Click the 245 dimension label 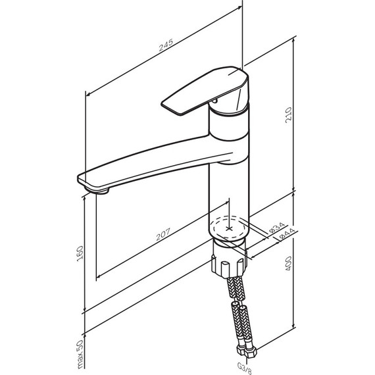[166, 45]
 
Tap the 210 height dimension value [289, 115]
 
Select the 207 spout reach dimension [163, 234]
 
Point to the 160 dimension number [80, 253]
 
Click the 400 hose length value [289, 264]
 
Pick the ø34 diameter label [277, 228]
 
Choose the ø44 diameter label [287, 234]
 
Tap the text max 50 [80, 354]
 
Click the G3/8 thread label [244, 368]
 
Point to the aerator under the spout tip [97, 191]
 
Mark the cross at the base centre [229, 229]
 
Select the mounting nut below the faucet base [229, 263]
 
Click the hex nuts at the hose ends [246, 351]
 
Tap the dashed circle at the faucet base [229, 228]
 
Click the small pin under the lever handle [214, 101]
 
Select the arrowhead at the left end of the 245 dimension [87, 94]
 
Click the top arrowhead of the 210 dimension [293, 39]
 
